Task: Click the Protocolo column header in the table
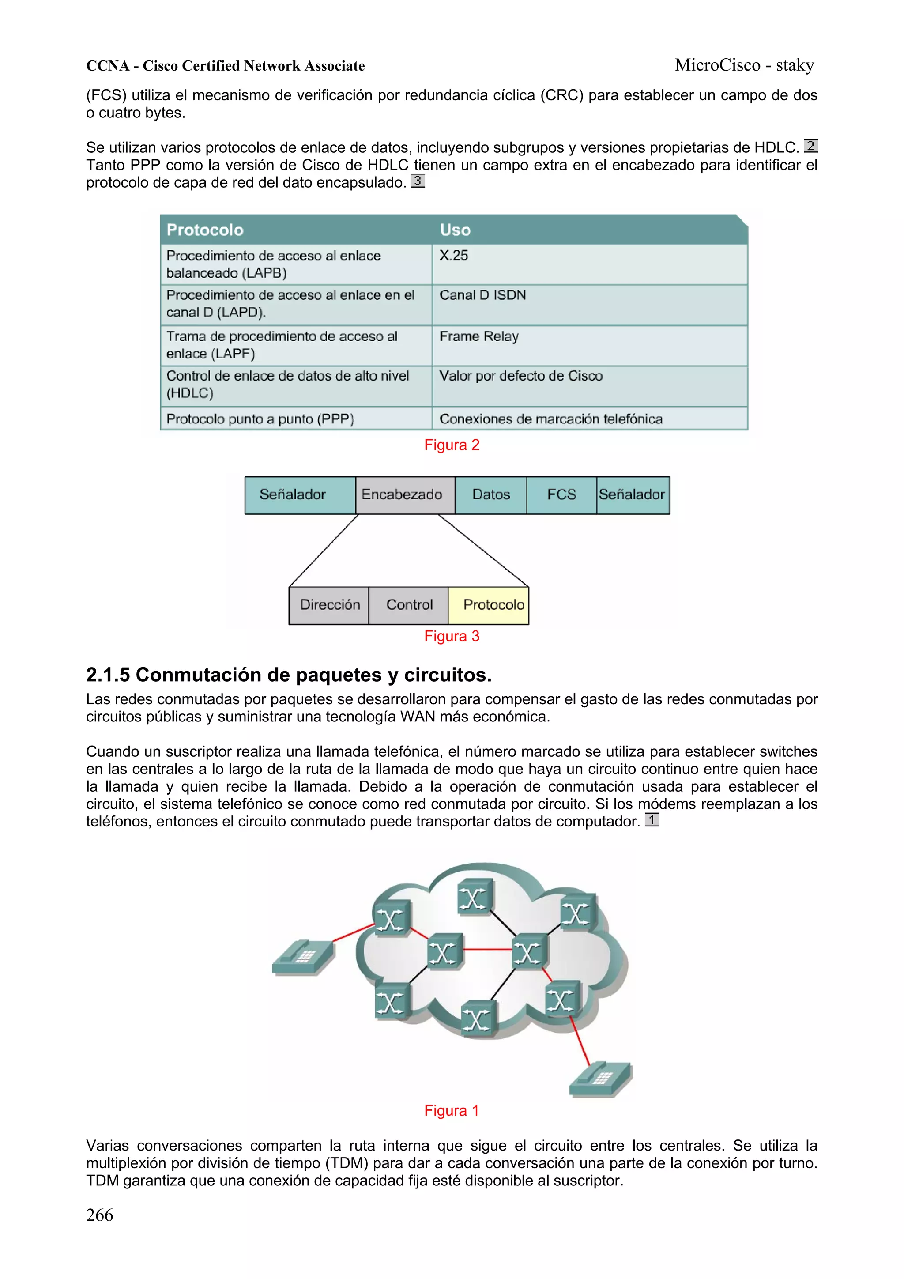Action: [x=205, y=230]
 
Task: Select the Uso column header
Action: [x=455, y=230]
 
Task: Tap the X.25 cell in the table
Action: [x=453, y=256]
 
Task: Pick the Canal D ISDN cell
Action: [x=482, y=295]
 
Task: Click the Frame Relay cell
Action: [x=478, y=336]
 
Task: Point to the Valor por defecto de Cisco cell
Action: [x=520, y=376]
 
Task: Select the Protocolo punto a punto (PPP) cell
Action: [x=260, y=419]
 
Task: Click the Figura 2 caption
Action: [x=452, y=445]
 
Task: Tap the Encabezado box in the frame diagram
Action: [x=402, y=494]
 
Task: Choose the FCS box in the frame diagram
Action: [x=561, y=494]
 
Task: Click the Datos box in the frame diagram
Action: [x=491, y=494]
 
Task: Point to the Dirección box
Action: [x=329, y=605]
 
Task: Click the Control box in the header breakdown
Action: [x=409, y=605]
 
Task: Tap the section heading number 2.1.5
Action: [x=108, y=675]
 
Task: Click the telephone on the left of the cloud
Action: [x=302, y=958]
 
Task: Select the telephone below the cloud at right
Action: [x=600, y=1079]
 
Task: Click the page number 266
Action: [x=100, y=1215]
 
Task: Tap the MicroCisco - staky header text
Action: [x=744, y=65]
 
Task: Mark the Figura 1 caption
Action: [x=452, y=1111]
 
